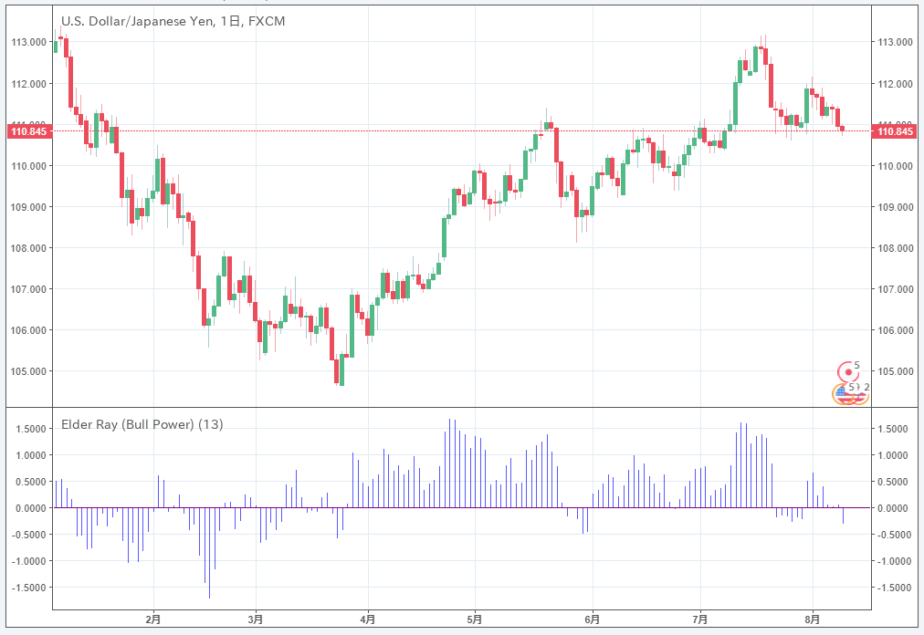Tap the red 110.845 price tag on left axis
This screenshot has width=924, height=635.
(x=27, y=131)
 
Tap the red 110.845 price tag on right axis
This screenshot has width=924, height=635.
(x=894, y=131)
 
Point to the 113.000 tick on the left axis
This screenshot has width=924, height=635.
(x=28, y=42)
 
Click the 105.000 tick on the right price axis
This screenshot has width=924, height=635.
(x=895, y=371)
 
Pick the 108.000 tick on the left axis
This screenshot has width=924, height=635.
(x=28, y=248)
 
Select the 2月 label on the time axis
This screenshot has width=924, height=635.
(x=153, y=619)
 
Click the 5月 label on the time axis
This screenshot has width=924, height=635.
(x=475, y=619)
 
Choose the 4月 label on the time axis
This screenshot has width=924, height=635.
(x=368, y=619)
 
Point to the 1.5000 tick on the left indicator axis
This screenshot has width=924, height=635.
(x=30, y=429)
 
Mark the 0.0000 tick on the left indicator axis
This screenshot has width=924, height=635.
(x=30, y=508)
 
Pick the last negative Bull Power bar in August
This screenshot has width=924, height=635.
(x=843, y=515)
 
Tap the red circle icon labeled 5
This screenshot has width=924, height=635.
(x=849, y=370)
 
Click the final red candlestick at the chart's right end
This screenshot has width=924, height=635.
(x=843, y=129)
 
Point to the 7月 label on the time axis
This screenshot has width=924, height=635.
(x=700, y=619)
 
